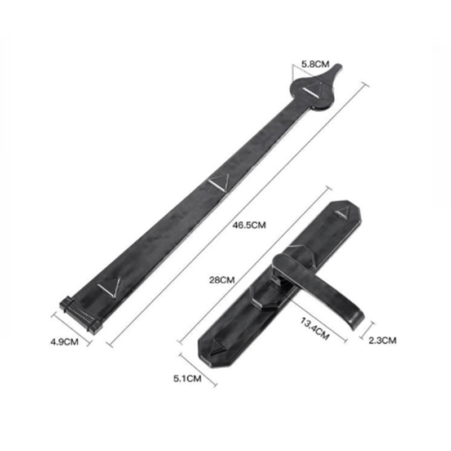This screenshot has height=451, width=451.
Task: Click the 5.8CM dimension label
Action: (315, 64)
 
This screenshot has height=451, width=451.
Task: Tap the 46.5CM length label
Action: (249, 225)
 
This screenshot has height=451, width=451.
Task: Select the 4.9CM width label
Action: (64, 342)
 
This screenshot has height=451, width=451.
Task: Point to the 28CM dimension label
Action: (222, 280)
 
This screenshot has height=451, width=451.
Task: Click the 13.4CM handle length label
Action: (315, 329)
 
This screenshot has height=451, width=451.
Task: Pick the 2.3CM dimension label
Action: (382, 341)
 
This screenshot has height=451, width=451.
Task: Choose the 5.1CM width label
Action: (187, 378)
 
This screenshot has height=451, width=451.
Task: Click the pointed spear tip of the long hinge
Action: (340, 66)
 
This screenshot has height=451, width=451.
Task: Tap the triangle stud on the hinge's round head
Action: (313, 91)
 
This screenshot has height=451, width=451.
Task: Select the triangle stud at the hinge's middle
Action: (219, 182)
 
